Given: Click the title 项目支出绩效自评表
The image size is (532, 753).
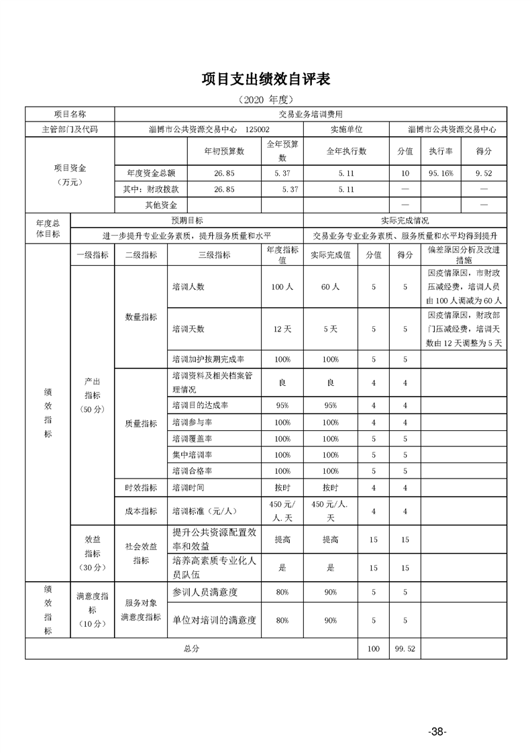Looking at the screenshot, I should click(x=266, y=79).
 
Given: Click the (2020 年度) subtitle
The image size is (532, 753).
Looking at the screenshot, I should click(x=266, y=99).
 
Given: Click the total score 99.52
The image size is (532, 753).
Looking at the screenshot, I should click(x=403, y=649).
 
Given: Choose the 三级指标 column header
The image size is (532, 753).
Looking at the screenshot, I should click(x=214, y=254).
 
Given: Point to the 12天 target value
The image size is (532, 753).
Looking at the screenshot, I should click(x=282, y=330).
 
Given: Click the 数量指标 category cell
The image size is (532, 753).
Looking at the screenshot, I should click(x=141, y=317).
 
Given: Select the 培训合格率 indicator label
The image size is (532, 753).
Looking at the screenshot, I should click(x=192, y=471).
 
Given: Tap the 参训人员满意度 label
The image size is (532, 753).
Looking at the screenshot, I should click(x=205, y=593).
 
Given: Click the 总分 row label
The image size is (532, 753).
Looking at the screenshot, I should click(x=191, y=649).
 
